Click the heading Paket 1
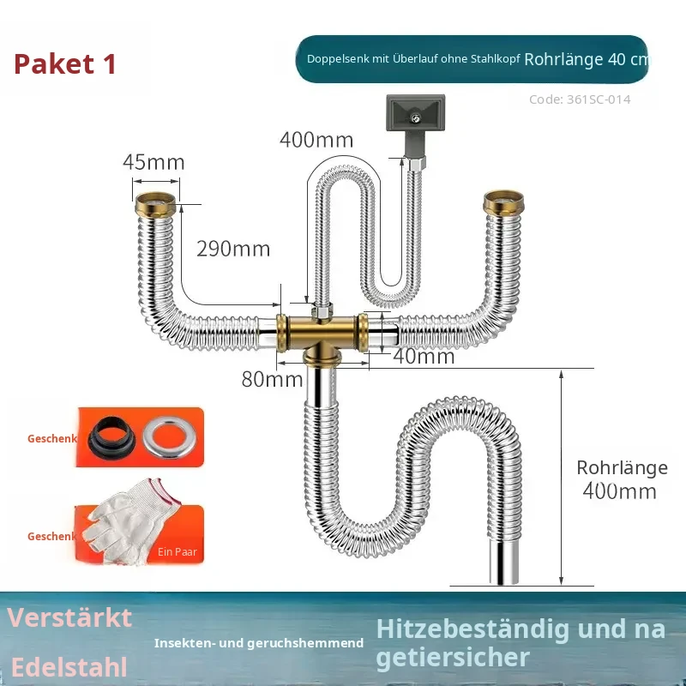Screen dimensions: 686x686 (65, 63)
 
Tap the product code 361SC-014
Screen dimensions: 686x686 (599, 99)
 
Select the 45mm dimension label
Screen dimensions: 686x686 (153, 162)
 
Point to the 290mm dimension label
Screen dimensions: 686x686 (233, 249)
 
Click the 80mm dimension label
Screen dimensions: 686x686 (272, 379)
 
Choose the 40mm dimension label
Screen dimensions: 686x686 (424, 356)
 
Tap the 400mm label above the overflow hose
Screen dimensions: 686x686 (316, 140)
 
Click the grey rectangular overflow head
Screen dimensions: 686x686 (415, 113)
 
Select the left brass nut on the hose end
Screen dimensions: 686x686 (155, 205)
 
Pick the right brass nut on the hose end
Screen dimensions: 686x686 (503, 202)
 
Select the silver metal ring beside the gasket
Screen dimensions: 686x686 (169, 437)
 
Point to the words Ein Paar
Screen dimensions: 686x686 (178, 551)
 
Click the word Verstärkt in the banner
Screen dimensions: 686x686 (69, 617)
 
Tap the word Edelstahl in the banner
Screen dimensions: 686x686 (69, 668)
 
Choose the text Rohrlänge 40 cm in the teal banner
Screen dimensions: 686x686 (587, 59)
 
